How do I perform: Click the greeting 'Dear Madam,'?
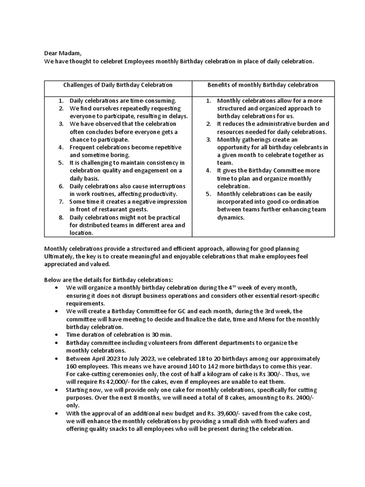[66, 53]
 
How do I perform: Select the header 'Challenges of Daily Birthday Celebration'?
[118, 85]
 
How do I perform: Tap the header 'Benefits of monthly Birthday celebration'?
[263, 85]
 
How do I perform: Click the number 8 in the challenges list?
[61, 217]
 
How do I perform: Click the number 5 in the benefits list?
[208, 194]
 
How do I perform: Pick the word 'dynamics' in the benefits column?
[231, 217]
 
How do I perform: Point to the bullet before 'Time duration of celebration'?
[57, 334]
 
